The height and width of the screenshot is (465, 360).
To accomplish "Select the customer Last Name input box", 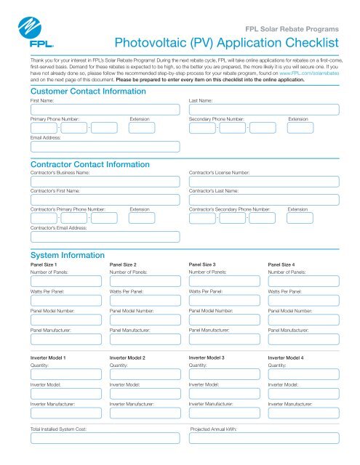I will (x=263, y=110).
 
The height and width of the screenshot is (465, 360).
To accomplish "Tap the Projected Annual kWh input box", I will (x=263, y=438).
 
